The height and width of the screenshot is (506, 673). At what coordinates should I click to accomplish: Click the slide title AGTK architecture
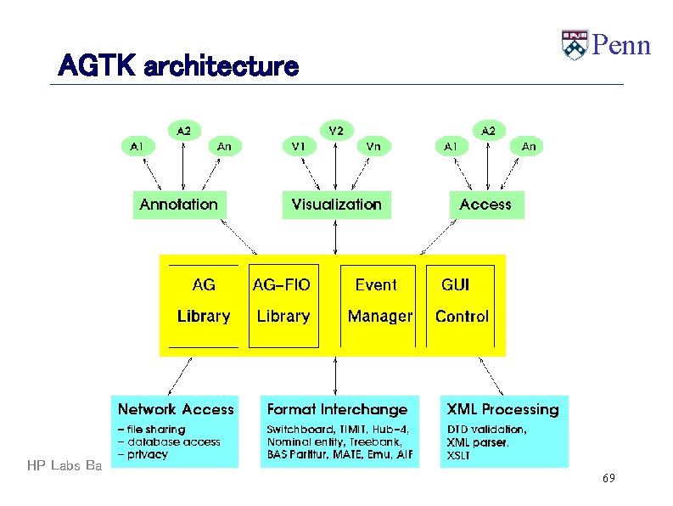point(178,65)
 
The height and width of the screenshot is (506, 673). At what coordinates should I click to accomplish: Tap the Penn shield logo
point(574,45)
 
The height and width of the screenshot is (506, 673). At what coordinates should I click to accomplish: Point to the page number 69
point(608,479)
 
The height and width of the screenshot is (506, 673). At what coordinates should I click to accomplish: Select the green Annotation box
point(178,205)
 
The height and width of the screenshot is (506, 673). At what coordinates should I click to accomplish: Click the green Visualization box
point(336,205)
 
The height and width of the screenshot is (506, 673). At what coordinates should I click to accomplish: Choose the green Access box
point(485,205)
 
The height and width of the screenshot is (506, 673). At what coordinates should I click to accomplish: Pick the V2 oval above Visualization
point(336,130)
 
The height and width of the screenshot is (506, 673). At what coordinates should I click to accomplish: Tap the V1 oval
point(298,146)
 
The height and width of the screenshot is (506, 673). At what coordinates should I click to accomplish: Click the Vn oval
point(373,146)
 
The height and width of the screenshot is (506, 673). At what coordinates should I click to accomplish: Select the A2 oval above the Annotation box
point(183,130)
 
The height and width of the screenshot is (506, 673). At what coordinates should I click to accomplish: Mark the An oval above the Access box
point(529,146)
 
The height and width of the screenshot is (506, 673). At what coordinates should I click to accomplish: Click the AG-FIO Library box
point(283,301)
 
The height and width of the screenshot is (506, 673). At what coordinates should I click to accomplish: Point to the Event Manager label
point(379,301)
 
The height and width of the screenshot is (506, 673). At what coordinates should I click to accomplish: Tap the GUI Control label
point(461,301)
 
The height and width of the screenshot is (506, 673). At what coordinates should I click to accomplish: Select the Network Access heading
point(176,409)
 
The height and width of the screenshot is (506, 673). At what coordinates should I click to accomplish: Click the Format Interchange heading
point(337,409)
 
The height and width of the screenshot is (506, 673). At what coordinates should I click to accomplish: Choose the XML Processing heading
point(503,409)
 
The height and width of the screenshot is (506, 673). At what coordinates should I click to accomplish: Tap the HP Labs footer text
point(64,465)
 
